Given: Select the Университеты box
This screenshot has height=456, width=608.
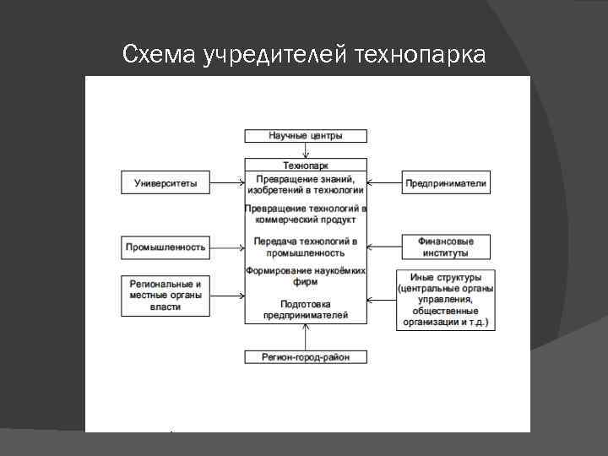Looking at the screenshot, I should tap(166, 182).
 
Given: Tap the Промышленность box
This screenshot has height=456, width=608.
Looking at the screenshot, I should tap(166, 247).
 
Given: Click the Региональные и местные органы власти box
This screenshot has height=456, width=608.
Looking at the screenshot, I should tap(166, 296).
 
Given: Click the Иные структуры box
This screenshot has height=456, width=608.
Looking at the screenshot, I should tap(445, 300).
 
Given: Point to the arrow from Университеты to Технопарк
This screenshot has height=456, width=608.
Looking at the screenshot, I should tap(227, 182).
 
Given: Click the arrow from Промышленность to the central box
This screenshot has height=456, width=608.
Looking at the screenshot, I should tap(227, 247).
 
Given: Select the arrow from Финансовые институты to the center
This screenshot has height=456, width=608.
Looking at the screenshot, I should tap(383, 247).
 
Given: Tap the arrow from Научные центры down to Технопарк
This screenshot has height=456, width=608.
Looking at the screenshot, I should tap(306, 150).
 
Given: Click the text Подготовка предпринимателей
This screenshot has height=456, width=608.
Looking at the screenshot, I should tap(306, 309).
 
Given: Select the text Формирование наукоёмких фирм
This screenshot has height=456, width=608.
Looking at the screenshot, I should tap(306, 276).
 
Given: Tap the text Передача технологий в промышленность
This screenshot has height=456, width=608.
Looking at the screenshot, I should tap(306, 247).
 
